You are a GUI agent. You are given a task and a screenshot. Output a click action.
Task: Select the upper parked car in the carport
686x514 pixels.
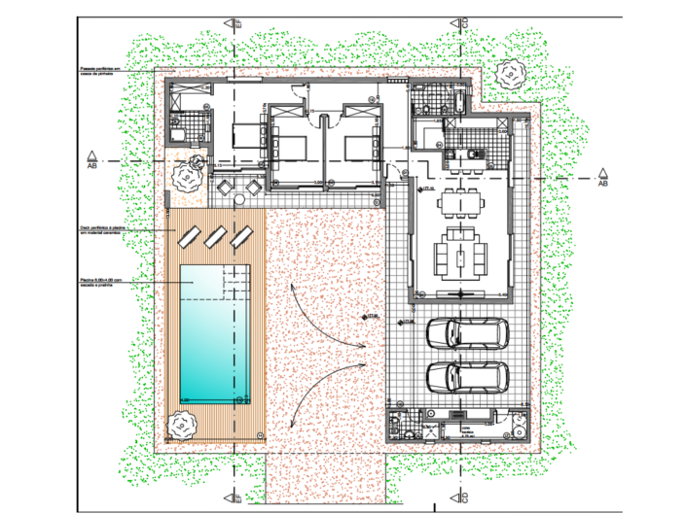[x=468, y=333]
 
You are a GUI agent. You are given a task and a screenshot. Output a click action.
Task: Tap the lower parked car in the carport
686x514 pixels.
[x=468, y=376]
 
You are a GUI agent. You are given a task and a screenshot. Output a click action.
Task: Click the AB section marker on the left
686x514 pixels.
[x=90, y=159]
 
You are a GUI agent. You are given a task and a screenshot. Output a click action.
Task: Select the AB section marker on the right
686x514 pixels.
[x=603, y=178]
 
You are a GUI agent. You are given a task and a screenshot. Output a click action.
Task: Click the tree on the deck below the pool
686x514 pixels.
[x=180, y=425]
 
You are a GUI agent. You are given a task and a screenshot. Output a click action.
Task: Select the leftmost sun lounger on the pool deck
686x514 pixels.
[x=191, y=235]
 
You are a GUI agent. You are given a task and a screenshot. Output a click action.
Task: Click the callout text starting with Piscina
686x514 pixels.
[x=105, y=281]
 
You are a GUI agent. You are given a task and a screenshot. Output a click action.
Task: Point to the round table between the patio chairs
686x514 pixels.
[x=236, y=187]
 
